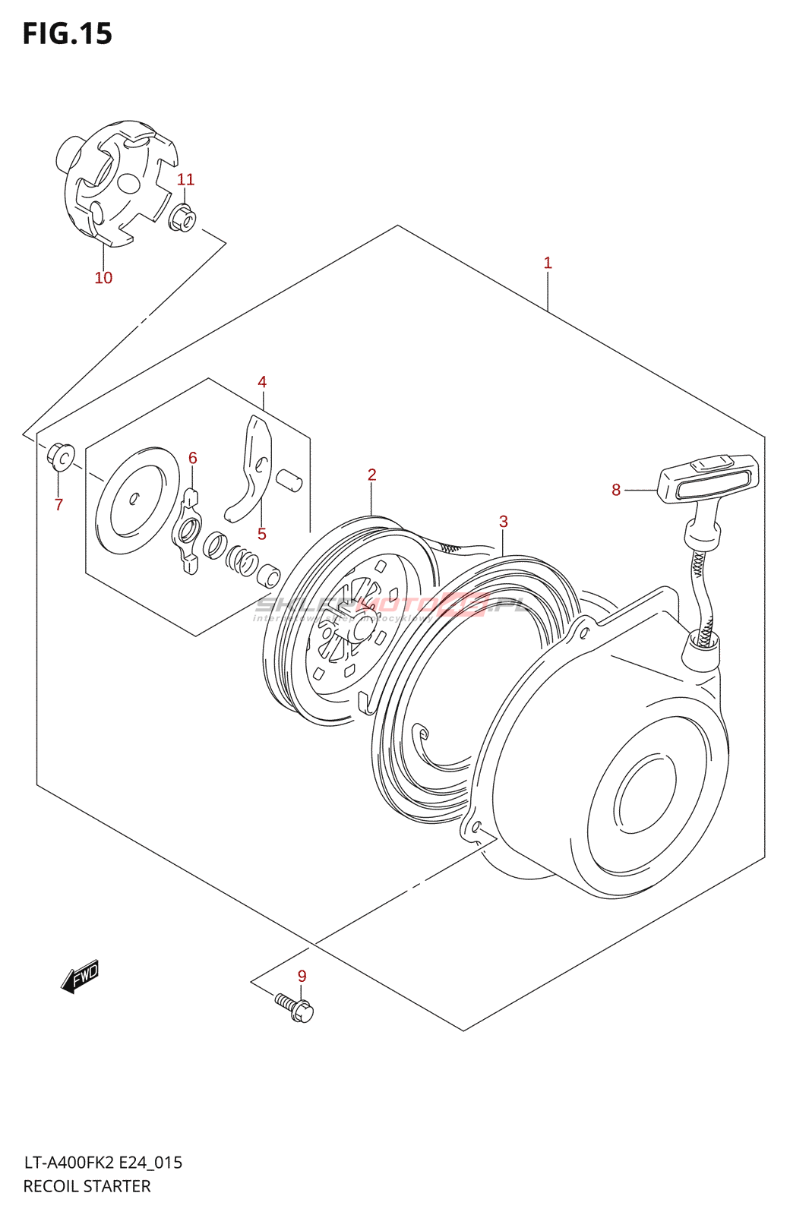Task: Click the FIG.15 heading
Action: click(x=68, y=34)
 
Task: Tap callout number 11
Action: click(x=185, y=180)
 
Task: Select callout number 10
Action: click(x=103, y=278)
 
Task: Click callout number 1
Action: click(x=548, y=264)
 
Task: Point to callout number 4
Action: click(x=262, y=382)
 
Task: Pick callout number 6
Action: click(x=193, y=458)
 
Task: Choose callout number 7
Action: click(x=58, y=505)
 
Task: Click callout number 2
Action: click(x=372, y=475)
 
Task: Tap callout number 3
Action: click(x=504, y=522)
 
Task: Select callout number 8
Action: click(x=616, y=491)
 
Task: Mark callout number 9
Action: click(x=302, y=977)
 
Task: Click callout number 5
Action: click(x=262, y=535)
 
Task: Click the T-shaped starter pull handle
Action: click(x=706, y=479)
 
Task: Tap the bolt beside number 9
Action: click(x=295, y=1008)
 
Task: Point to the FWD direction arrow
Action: click(x=80, y=977)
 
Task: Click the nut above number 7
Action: click(x=61, y=456)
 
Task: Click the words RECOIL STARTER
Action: click(x=87, y=1186)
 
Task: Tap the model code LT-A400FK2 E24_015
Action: click(x=103, y=1163)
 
